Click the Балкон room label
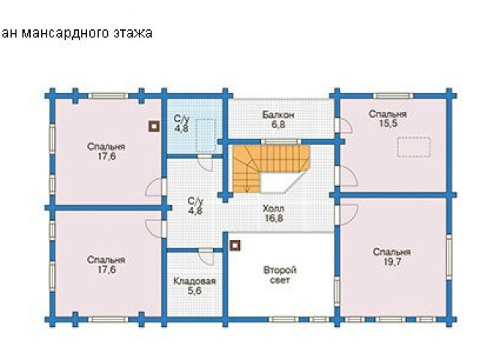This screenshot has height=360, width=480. (x=278, y=115)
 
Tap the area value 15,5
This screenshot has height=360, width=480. (x=388, y=124)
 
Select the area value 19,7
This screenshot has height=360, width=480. (x=391, y=262)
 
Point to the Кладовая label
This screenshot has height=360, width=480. (x=195, y=281)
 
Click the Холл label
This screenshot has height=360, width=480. (x=273, y=208)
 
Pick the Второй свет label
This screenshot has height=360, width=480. (x=280, y=275)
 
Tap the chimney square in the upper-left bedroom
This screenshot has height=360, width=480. (x=154, y=126)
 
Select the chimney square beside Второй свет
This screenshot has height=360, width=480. (x=235, y=245)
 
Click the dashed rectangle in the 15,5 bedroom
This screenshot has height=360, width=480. (x=414, y=148)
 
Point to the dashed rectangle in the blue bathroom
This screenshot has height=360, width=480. (x=205, y=135)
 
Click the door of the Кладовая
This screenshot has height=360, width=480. (x=205, y=256)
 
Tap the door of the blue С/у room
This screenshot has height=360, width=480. (x=205, y=163)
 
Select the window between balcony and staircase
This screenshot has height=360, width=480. (x=281, y=142)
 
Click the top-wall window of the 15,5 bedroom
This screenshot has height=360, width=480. (x=393, y=96)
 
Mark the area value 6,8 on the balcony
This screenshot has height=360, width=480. (x=278, y=125)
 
